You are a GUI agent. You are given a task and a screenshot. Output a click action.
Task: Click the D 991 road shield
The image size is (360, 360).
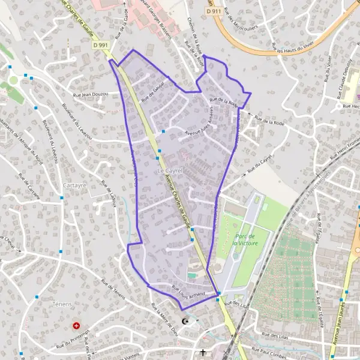click(101, 44)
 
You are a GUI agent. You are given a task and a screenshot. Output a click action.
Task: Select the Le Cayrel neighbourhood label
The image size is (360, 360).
click(169, 172)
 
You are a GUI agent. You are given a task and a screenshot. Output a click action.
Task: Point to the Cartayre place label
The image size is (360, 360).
click(74, 185)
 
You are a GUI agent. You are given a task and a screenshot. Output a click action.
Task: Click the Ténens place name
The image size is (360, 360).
click(62, 305)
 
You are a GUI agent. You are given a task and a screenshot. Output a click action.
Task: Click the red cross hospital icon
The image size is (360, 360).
click(76, 326)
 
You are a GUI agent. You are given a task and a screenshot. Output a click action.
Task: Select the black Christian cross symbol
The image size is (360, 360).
click(203, 352)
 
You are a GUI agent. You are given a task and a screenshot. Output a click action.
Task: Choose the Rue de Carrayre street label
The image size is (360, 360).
click(29, 189)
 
